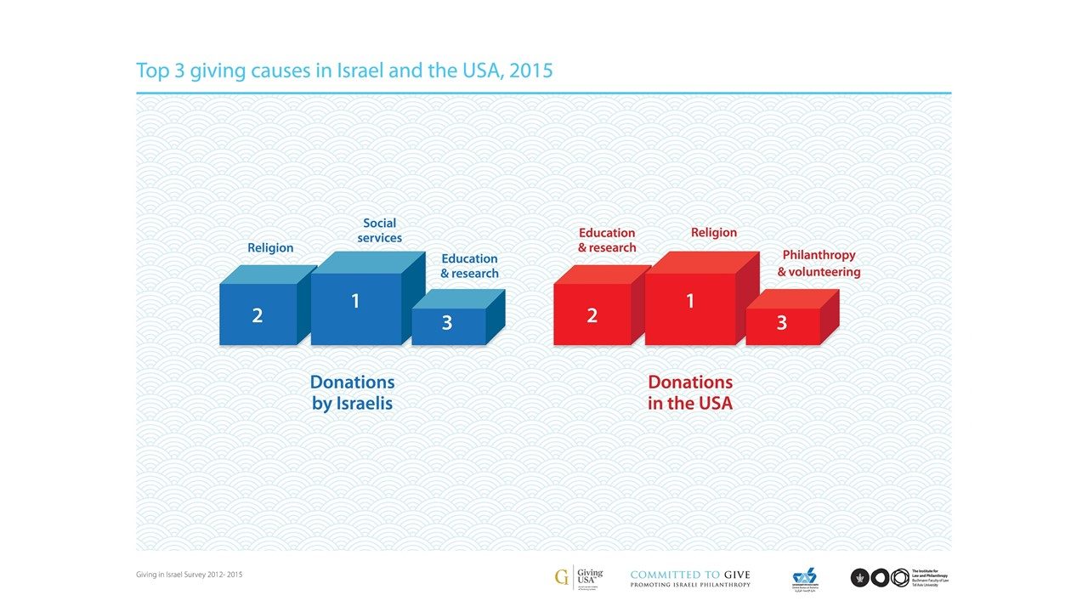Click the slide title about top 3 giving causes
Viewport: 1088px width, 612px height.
(x=344, y=70)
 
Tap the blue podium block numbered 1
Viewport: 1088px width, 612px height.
(x=356, y=307)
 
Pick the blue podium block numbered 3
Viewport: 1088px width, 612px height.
(x=448, y=326)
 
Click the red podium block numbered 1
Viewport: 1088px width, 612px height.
(x=689, y=307)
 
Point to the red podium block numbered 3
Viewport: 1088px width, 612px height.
(x=782, y=326)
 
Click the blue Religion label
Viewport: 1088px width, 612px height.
(x=270, y=248)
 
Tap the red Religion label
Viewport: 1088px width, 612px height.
(x=714, y=232)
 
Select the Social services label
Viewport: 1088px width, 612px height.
(x=379, y=230)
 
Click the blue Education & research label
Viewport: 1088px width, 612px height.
(x=469, y=266)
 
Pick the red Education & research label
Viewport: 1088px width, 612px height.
(x=607, y=240)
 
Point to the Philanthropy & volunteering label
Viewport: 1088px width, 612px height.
(x=819, y=263)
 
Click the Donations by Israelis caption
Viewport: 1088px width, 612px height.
(x=352, y=393)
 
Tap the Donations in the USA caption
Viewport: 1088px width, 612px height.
(x=689, y=393)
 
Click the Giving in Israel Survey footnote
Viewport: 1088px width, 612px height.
(x=190, y=575)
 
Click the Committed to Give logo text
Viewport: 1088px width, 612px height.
(x=690, y=578)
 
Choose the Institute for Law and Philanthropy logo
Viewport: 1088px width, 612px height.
(x=898, y=578)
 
